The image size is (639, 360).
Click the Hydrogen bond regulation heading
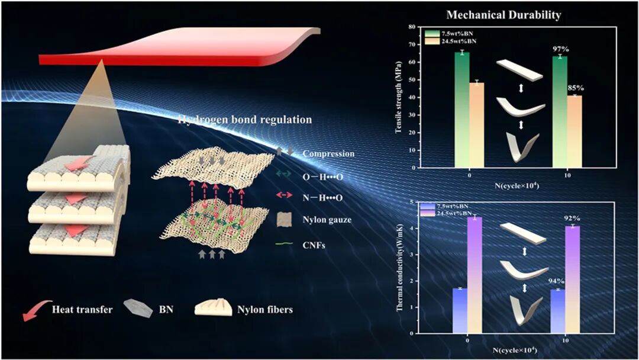(245, 120)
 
